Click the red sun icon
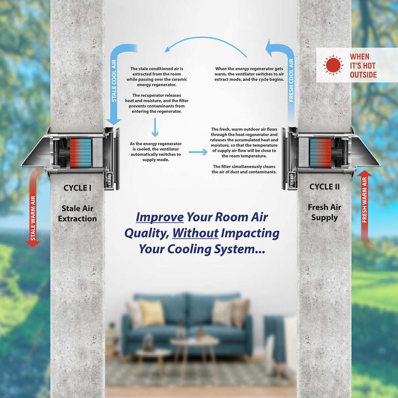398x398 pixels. point(333,65)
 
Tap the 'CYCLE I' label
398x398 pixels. point(78,188)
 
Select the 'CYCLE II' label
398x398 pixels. point(324,187)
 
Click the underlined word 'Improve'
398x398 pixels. point(160,218)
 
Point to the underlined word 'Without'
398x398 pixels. point(195,233)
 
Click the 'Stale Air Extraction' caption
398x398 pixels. point(78,214)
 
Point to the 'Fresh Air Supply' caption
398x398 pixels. point(324,212)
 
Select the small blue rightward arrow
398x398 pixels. point(197,153)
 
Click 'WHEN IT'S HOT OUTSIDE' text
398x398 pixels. point(363,66)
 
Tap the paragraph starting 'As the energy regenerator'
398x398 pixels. point(155,151)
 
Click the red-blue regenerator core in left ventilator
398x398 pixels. point(80,152)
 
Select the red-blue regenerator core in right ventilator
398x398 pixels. point(320,152)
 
